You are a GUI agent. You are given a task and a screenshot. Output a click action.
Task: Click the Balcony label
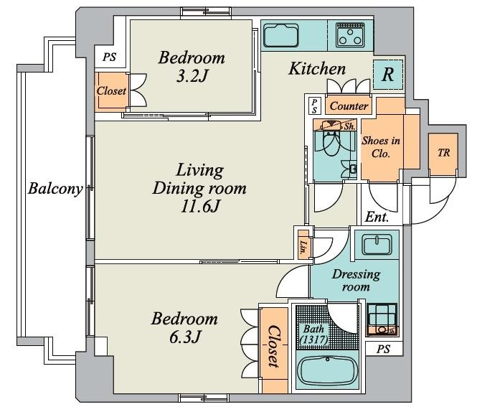[x=55, y=189]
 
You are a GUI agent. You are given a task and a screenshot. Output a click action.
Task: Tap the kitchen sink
[x=280, y=35]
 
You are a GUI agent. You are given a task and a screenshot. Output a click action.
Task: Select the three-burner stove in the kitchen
[x=350, y=35]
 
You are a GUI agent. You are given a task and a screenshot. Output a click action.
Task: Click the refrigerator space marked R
[x=388, y=75]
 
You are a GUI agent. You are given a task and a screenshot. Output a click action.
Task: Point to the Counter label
[x=349, y=106]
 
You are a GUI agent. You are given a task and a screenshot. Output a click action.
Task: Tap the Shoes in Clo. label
[x=381, y=146]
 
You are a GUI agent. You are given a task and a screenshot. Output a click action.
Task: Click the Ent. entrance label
[x=377, y=217]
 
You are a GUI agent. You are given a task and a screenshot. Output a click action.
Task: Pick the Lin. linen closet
[x=303, y=245]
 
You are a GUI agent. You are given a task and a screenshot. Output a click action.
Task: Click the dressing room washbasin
[x=377, y=245]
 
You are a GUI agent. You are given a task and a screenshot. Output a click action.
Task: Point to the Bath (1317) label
[x=314, y=334]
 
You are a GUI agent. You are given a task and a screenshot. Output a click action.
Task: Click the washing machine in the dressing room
[x=382, y=319]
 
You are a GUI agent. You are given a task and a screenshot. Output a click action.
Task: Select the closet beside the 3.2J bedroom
[x=111, y=90]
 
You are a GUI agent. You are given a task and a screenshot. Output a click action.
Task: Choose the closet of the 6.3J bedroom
[x=274, y=350]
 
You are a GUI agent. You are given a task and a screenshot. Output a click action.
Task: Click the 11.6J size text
[x=199, y=207]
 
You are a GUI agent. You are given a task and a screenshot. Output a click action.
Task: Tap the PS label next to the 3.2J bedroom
[x=109, y=57]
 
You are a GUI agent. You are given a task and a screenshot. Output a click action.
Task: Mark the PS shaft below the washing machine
[x=384, y=349]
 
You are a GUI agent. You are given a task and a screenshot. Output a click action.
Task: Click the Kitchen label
[x=317, y=68]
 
